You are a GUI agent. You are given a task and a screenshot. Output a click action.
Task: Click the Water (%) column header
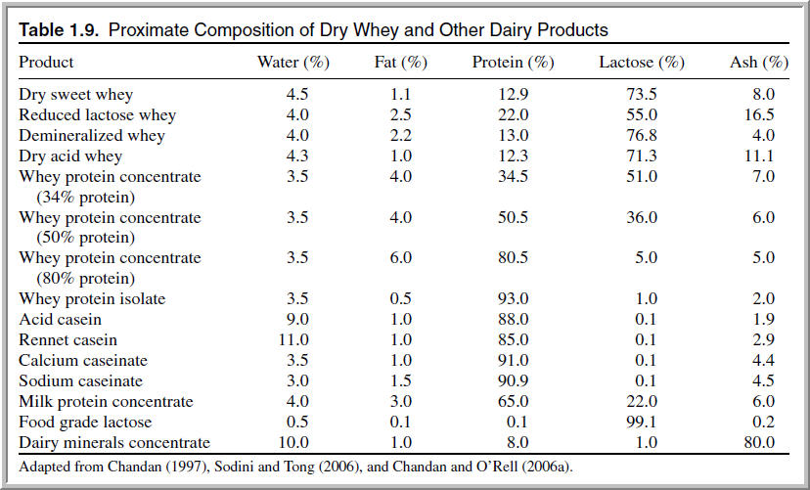pos(292,63)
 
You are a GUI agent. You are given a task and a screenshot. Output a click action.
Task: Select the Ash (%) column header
pos(759,63)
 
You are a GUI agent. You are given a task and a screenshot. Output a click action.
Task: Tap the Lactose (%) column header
pos(641,63)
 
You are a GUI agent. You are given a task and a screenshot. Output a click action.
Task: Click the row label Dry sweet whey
pos(76,95)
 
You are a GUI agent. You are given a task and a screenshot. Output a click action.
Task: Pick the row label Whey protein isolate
pos(92,298)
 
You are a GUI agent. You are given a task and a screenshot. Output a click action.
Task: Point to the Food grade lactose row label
pos(85,422)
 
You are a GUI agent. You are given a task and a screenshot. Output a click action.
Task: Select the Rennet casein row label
pos(68,340)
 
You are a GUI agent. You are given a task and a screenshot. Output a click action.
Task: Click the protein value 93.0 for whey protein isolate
pos(513,298)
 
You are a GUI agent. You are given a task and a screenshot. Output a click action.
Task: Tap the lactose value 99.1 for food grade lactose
pos(641,422)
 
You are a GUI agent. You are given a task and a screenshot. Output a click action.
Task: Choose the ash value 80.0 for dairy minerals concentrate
pos(758,442)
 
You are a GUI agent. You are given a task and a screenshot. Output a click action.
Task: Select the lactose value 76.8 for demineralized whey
pos(641,136)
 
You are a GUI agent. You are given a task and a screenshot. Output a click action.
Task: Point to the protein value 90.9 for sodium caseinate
pos(513,380)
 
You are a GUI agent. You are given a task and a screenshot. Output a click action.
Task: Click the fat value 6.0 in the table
pos(400,258)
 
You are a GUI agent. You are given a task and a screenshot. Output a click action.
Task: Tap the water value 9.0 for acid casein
pos(296,320)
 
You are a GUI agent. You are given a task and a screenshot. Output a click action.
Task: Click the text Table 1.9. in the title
pos(60,30)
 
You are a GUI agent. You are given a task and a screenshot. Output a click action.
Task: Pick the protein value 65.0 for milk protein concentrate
pos(513,401)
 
